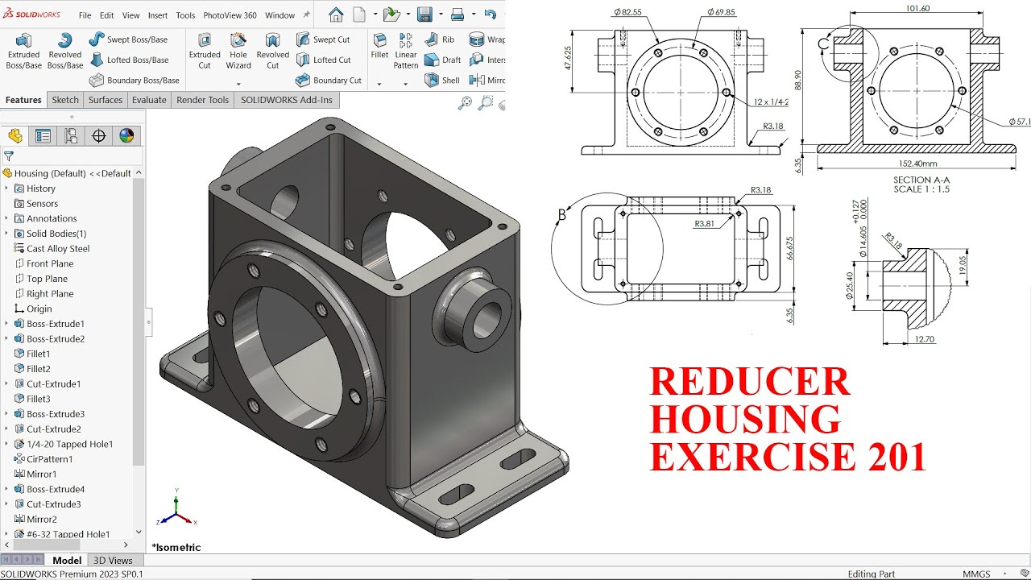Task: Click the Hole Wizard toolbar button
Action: [238, 51]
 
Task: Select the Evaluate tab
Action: [149, 100]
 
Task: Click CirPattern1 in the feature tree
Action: [49, 459]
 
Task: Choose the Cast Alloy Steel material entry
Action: [58, 249]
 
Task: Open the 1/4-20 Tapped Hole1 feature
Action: [69, 444]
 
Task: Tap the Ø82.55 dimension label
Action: [627, 12]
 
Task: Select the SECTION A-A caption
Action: [921, 180]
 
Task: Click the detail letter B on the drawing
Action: [562, 215]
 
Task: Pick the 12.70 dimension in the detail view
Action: [925, 340]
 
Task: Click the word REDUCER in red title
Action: [749, 382]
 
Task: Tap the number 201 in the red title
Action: [896, 457]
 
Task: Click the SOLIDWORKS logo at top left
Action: [32, 14]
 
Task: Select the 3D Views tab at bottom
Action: [113, 560]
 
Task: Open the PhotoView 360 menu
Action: [230, 15]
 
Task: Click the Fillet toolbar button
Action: [379, 51]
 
